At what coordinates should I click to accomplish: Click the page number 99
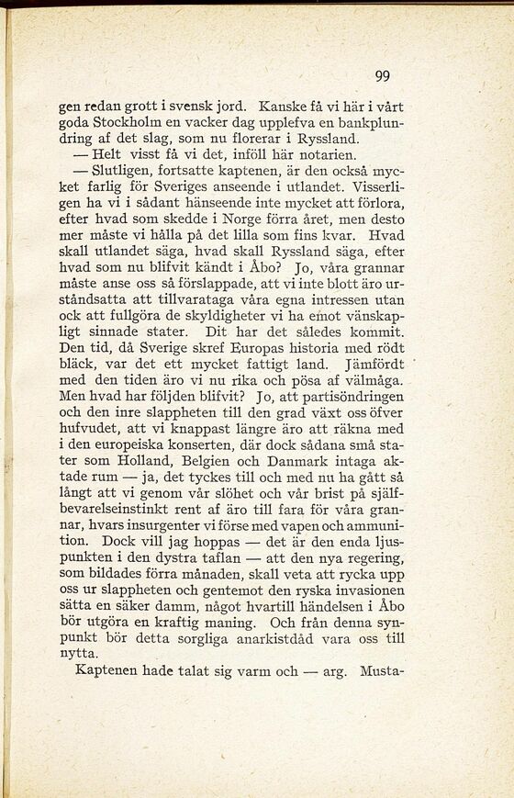383,76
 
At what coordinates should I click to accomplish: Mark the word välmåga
371,380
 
